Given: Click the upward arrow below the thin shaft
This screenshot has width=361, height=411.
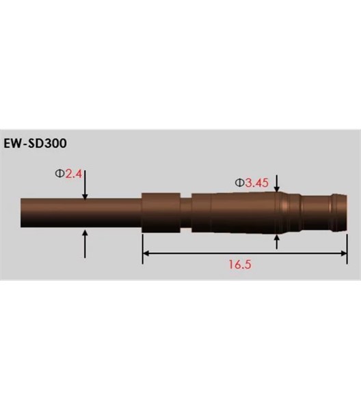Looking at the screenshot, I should (84, 243).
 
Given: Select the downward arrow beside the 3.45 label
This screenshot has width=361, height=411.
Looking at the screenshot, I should (276, 183).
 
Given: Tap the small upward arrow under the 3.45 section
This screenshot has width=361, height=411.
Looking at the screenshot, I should (276, 241).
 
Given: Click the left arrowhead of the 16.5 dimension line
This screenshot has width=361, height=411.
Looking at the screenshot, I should (146, 253).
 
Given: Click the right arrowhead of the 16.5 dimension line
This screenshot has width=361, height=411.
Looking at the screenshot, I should (345, 253).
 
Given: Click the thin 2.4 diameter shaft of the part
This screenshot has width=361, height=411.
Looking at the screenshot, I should (82, 214).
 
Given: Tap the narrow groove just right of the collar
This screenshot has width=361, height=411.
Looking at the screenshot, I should (185, 213).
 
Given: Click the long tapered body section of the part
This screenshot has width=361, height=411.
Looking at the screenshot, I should (236, 213).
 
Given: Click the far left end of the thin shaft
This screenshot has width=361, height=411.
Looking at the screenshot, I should (23, 214).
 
